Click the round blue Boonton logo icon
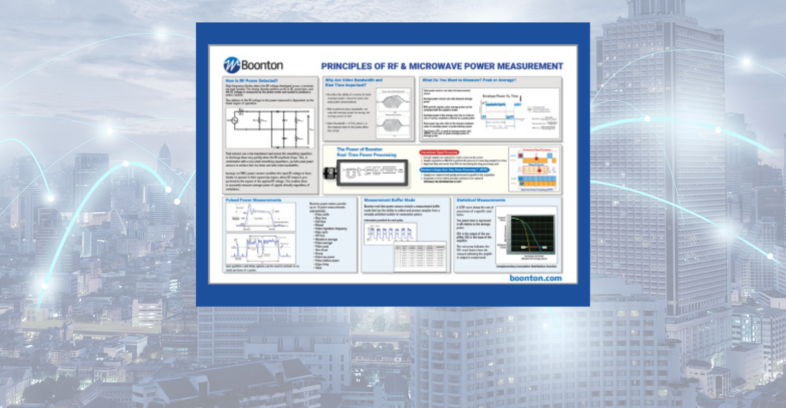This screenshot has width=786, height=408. [231, 65]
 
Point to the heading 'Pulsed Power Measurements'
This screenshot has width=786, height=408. [254, 200]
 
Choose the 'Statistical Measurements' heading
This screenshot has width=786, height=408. [481, 200]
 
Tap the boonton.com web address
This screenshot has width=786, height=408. [535, 278]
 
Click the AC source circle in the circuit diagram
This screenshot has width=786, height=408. [235, 120]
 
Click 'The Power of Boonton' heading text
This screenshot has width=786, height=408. [360, 149]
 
